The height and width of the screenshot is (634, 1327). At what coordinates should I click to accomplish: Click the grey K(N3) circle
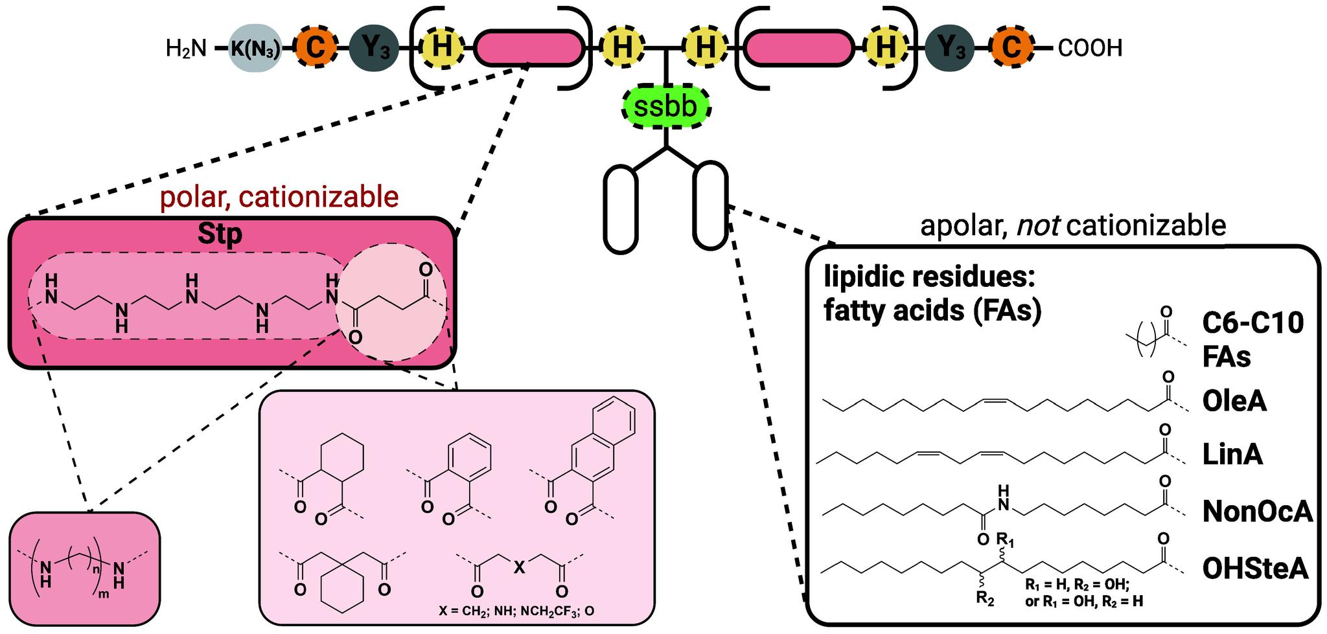pos(256,48)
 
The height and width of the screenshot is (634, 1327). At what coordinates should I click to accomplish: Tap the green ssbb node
pos(666,106)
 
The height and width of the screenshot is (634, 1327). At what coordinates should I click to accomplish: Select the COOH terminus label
pos(1090,48)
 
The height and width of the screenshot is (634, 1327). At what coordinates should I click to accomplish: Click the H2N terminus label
pos(186,48)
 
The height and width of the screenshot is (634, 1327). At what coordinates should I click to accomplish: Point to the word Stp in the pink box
pos(220,234)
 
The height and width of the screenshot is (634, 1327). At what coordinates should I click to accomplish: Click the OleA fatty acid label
pos(1234,402)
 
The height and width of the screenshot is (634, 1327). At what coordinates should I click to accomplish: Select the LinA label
pos(1232,455)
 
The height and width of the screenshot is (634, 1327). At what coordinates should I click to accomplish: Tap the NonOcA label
pos(1256,512)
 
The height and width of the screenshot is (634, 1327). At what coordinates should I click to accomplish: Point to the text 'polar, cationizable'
pos(279,197)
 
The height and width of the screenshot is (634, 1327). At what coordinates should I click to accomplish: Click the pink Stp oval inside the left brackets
pos(529,48)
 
